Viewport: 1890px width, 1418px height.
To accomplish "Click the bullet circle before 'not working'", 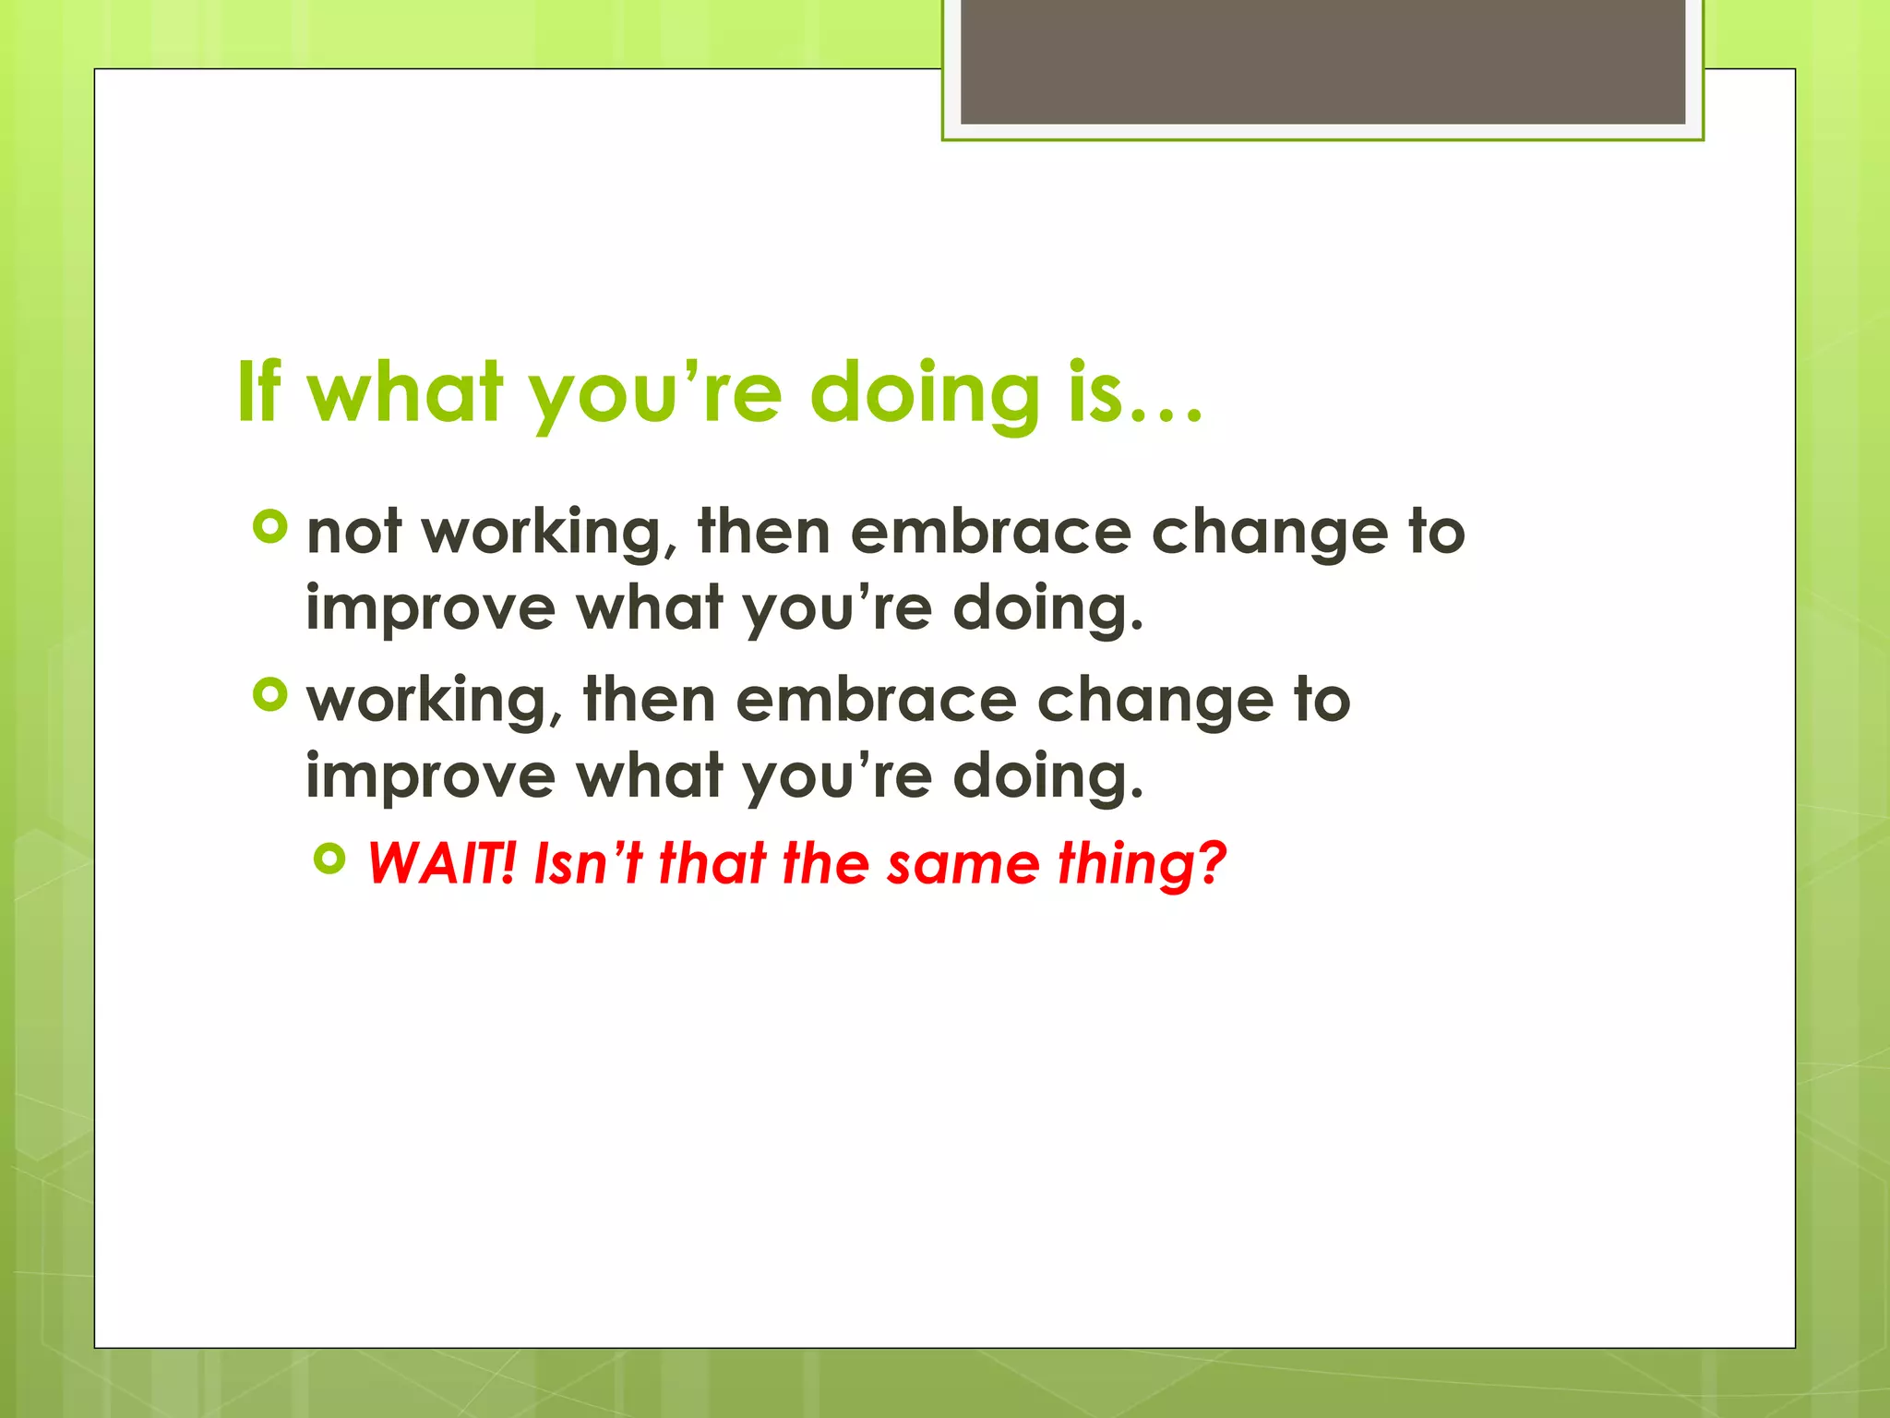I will pyautogui.click(x=270, y=527).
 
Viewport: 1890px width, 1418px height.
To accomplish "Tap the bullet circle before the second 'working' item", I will pyautogui.click(x=270, y=695).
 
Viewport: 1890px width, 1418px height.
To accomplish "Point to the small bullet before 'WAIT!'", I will pyautogui.click(x=329, y=859).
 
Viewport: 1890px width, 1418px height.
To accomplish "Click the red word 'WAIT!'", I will pyautogui.click(x=440, y=863).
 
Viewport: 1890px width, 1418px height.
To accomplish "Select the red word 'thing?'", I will pyautogui.click(x=1142, y=865).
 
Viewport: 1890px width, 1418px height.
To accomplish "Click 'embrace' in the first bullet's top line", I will pyautogui.click(x=990, y=533).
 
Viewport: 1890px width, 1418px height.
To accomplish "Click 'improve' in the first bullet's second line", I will pyautogui.click(x=430, y=610).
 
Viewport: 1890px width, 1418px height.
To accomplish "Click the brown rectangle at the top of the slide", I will pyautogui.click(x=1322, y=61).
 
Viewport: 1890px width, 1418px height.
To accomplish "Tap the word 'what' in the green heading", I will pyautogui.click(x=406, y=392).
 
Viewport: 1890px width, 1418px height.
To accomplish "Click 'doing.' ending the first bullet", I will pyautogui.click(x=1047, y=610).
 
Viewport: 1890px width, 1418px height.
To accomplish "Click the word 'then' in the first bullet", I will pyautogui.click(x=764, y=533).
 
